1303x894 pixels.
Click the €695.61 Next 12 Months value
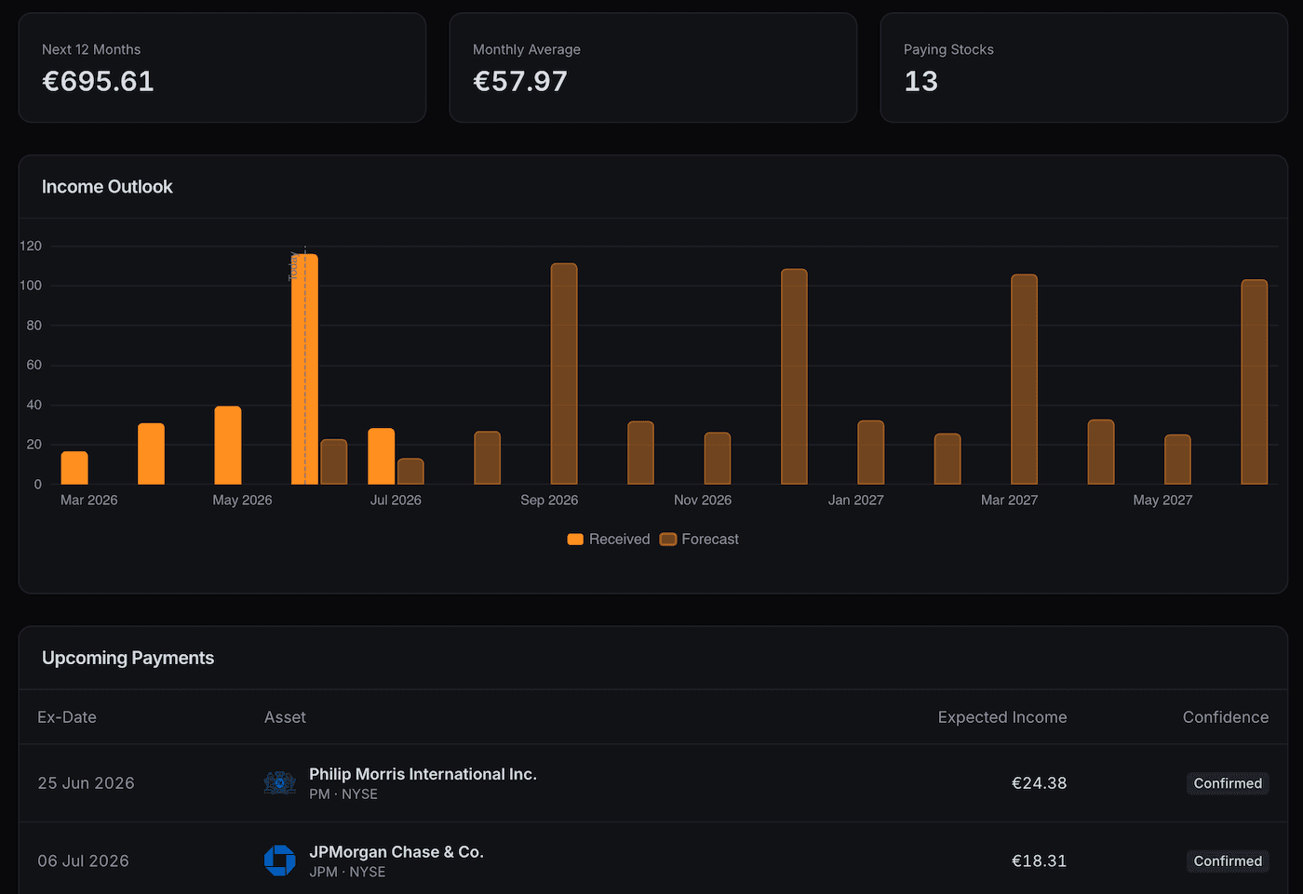click(x=98, y=81)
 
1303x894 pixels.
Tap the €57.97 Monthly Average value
click(x=520, y=81)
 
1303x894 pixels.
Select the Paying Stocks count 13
click(x=920, y=81)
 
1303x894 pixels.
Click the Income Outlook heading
click(x=107, y=187)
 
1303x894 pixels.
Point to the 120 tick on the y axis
click(x=31, y=246)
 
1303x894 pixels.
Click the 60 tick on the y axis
click(x=34, y=365)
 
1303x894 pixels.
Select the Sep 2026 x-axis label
click(x=549, y=500)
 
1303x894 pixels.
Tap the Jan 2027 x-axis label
click(x=855, y=500)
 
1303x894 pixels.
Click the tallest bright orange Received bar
click(x=305, y=369)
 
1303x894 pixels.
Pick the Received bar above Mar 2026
click(x=74, y=468)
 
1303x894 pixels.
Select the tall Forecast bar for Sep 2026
click(x=564, y=374)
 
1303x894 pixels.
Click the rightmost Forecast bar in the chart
click(x=1255, y=382)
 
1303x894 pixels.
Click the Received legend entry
click(x=609, y=539)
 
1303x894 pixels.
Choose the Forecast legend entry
click(x=699, y=539)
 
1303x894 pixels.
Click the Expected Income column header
click(x=1002, y=717)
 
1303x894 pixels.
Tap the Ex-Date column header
click(x=67, y=717)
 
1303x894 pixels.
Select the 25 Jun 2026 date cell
click(x=86, y=783)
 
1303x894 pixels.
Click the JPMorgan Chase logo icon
click(x=280, y=861)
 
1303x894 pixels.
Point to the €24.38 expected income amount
click(x=1039, y=783)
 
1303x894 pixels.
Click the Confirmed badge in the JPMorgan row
click(x=1228, y=861)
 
